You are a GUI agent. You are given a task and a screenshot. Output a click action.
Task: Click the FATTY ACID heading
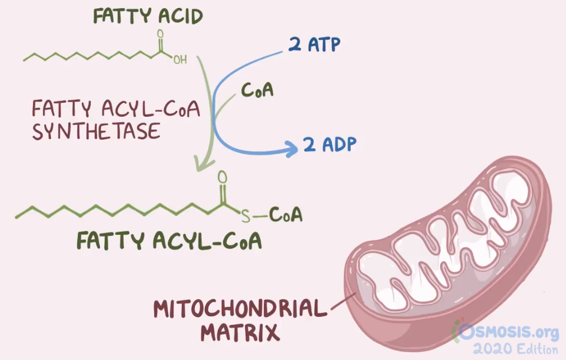coord(148,16)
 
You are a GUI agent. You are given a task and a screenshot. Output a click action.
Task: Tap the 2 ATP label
coord(314,44)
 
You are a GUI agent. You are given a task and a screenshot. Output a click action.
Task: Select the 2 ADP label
coord(330,144)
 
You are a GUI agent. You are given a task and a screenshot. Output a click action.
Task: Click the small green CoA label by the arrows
coord(257,90)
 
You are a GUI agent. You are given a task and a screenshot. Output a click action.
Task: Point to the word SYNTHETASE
coord(95,132)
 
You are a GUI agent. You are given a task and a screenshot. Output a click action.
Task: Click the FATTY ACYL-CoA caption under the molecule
coord(169,241)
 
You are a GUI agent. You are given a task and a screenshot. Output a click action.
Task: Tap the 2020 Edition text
coord(515,348)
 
